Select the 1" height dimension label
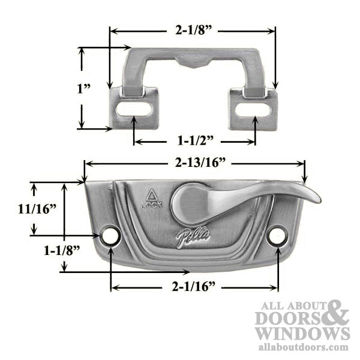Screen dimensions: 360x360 83,88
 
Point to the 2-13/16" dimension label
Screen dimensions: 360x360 196,163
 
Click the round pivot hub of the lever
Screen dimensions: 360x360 183,204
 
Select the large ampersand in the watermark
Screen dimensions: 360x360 338,311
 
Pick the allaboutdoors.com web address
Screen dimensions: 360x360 302,346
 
